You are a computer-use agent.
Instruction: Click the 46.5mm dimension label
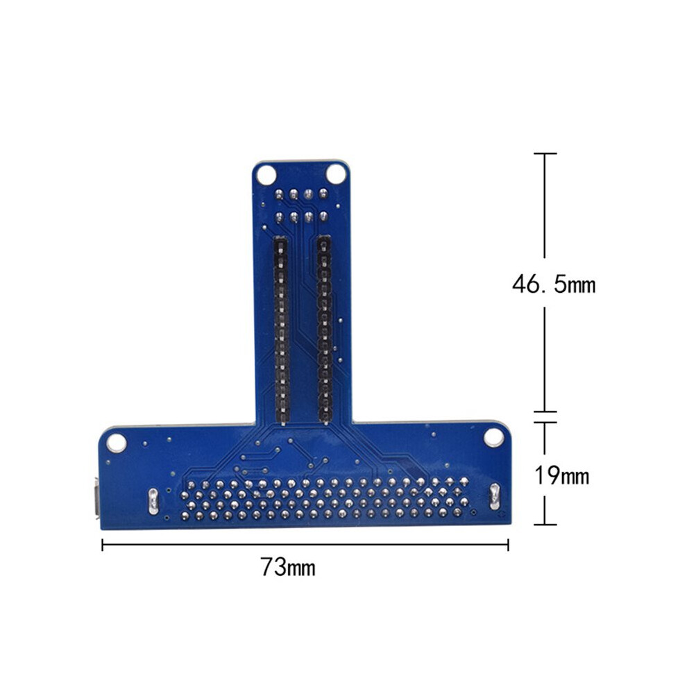tap(554, 284)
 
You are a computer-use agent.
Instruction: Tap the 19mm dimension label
tap(561, 475)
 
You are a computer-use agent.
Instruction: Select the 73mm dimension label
tap(288, 567)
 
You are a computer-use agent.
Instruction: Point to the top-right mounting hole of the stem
tap(336, 173)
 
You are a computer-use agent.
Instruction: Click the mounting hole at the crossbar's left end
tap(117, 443)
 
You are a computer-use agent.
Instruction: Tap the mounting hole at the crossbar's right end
tap(493, 438)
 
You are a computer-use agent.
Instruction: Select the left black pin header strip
tap(281, 330)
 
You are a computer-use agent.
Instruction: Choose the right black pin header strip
tap(324, 330)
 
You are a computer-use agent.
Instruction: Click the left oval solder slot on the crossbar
tap(153, 501)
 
